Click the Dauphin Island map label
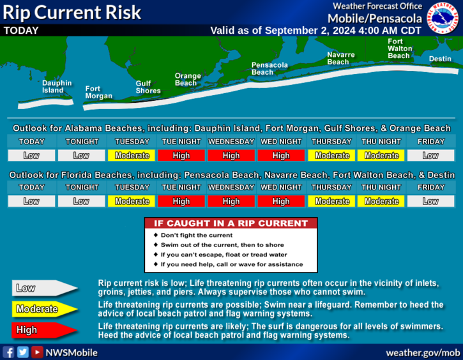[x=57, y=87]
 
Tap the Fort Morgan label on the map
[x=98, y=93]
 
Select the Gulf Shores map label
[x=148, y=87]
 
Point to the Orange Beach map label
[x=188, y=79]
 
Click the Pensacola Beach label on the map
[x=269, y=68]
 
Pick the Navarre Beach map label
[x=341, y=58]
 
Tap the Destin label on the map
[x=440, y=59]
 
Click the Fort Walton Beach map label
[x=400, y=49]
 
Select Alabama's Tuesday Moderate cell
[x=132, y=155]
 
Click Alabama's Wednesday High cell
[x=231, y=155]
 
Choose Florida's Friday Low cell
[x=430, y=201]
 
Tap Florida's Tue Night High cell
[x=181, y=201]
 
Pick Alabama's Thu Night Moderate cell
[x=381, y=155]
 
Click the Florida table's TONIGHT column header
[x=82, y=188]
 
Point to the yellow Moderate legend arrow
[x=45, y=309]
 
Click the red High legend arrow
[x=45, y=330]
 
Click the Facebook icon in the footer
[x=8, y=352]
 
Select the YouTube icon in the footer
[x=37, y=352]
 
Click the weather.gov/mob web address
[x=423, y=353]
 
